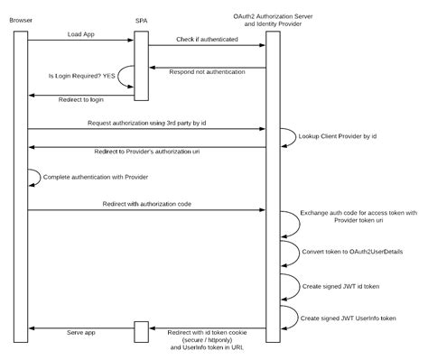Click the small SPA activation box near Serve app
point(140,330)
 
